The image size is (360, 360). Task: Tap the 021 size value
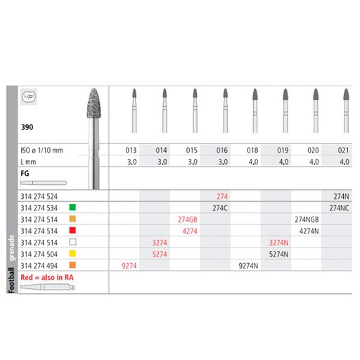coord(344,150)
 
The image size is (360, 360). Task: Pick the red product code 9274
coord(129,266)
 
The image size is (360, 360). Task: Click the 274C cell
coord(221,207)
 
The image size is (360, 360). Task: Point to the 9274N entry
coord(250,266)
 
